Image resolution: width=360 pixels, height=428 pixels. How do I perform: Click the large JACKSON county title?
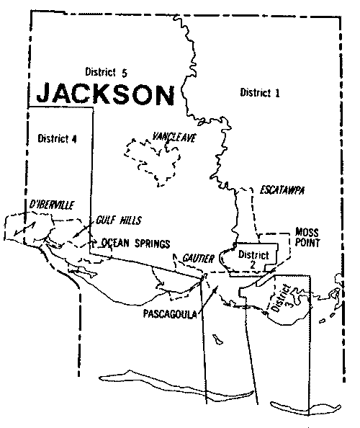[104, 94]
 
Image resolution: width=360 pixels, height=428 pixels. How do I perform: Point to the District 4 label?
[56, 138]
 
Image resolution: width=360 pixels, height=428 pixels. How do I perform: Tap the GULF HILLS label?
[120, 219]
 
